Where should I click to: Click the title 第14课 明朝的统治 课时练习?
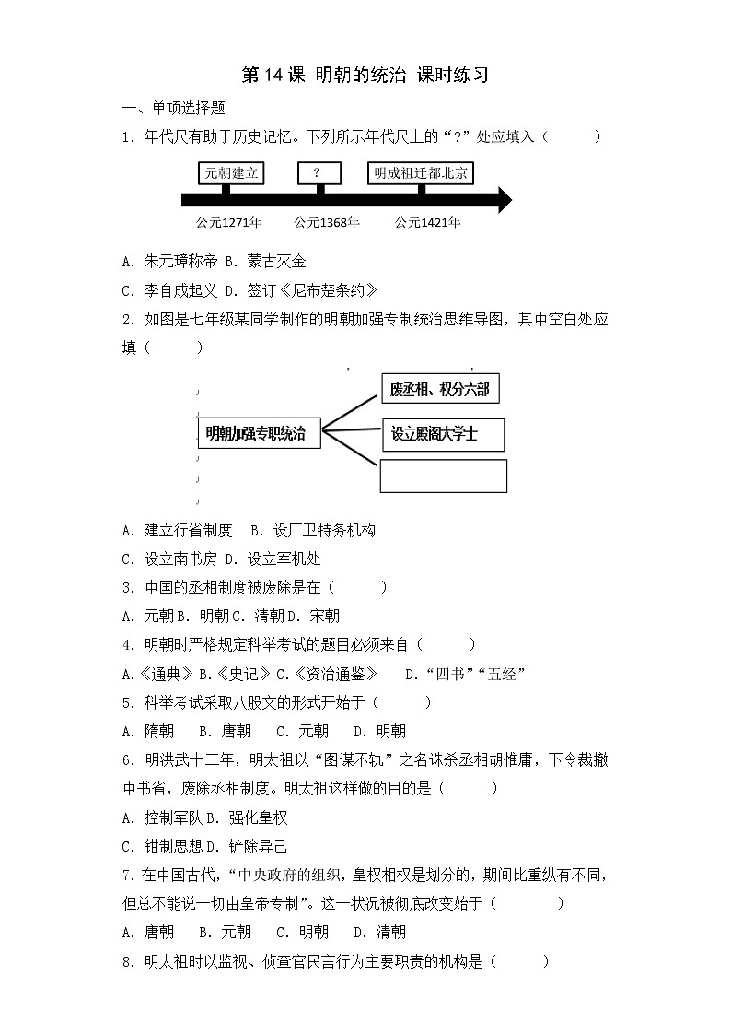click(x=365, y=76)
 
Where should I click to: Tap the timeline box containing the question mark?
click(x=319, y=173)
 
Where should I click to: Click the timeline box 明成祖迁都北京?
click(x=421, y=173)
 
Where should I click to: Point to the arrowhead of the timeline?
click(x=503, y=199)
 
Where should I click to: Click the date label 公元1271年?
click(x=229, y=222)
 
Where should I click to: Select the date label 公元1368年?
click(x=327, y=222)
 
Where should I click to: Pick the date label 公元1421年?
click(x=428, y=222)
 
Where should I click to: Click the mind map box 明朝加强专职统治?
click(x=260, y=431)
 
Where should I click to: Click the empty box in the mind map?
click(x=444, y=476)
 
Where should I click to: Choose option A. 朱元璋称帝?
click(x=167, y=262)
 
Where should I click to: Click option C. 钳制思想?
click(x=156, y=845)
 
